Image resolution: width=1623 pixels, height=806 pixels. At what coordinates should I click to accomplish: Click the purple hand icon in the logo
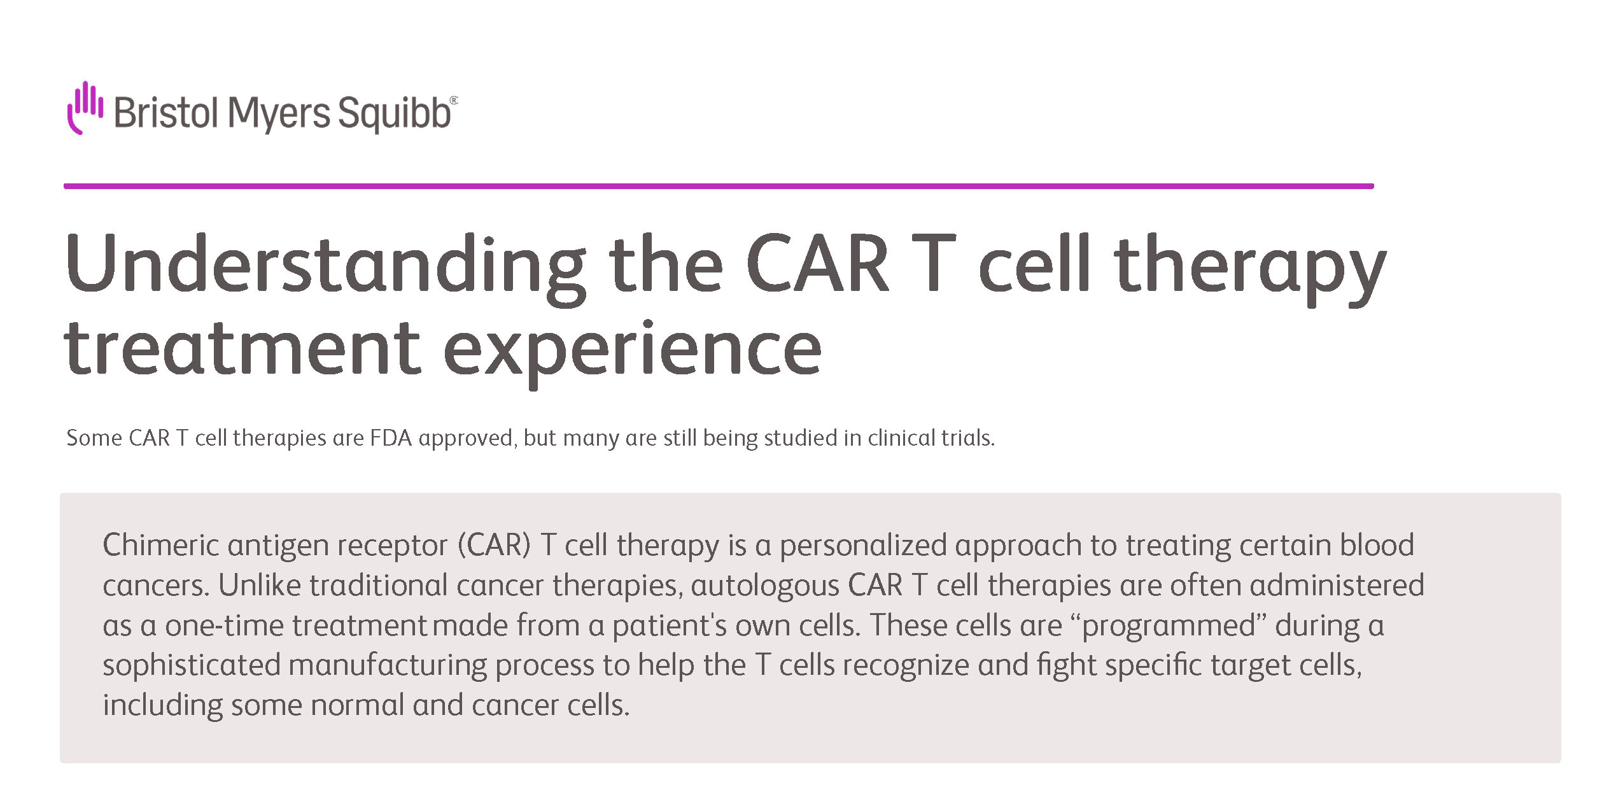click(85, 108)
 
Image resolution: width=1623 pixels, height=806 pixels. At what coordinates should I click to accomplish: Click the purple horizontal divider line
click(719, 186)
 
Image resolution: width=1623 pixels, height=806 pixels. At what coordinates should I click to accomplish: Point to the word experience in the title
click(632, 352)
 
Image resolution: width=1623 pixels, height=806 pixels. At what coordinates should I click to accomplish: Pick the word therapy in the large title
click(1249, 268)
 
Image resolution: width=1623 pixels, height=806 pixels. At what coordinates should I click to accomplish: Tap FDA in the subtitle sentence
click(391, 438)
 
